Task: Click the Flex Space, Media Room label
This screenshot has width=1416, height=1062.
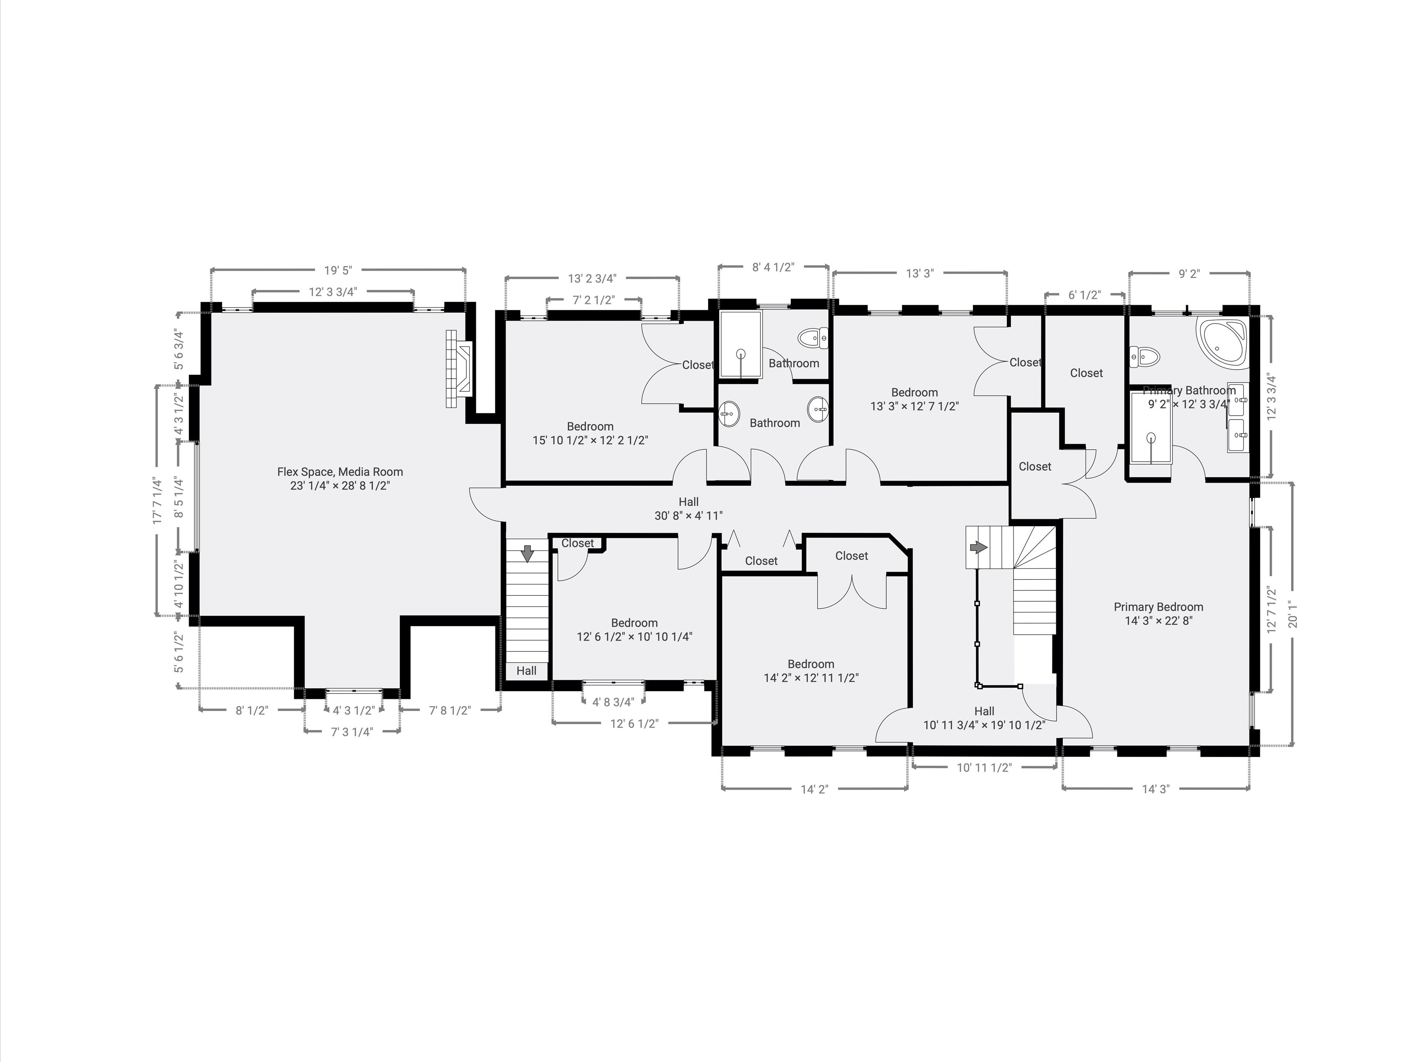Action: coord(340,478)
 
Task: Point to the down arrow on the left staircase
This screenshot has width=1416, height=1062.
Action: coord(527,554)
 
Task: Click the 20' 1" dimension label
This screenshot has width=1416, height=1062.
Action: coord(1292,615)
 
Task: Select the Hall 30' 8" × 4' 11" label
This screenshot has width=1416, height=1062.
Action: coord(688,508)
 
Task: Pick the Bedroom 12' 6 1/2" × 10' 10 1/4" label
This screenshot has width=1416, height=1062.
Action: coord(634,629)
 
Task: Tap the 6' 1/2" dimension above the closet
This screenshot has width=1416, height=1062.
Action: coord(1085,295)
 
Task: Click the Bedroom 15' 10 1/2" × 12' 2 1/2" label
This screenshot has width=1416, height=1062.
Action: coord(590,433)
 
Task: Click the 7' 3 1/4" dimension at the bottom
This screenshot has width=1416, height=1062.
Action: coord(351,732)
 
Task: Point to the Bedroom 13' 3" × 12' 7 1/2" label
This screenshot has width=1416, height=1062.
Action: coord(914,399)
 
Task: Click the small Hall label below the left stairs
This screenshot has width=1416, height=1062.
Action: coord(526,670)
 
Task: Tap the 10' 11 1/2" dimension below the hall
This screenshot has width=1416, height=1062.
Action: coord(984,767)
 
